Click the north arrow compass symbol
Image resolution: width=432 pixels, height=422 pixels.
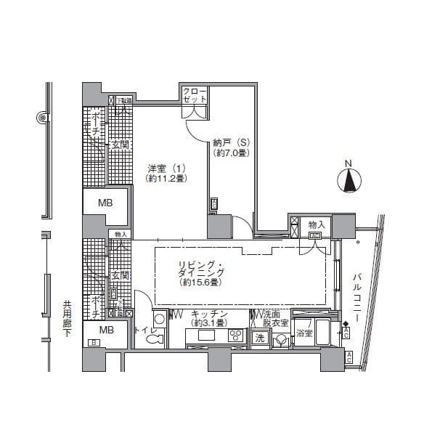point(350,179)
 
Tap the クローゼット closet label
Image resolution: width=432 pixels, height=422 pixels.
point(195,94)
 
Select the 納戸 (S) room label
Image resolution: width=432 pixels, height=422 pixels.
point(232,142)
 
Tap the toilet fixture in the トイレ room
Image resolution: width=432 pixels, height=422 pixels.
point(159,322)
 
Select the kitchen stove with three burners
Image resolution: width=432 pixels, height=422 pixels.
point(237,336)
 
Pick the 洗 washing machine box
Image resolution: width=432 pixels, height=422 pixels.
point(259,338)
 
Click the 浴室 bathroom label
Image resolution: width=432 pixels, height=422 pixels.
point(305,333)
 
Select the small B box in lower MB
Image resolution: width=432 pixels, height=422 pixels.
point(93,343)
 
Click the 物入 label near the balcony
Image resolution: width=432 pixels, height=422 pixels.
point(316,225)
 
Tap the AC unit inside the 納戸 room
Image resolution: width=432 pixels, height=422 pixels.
point(214,204)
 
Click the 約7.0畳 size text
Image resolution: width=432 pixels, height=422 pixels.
point(232,153)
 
